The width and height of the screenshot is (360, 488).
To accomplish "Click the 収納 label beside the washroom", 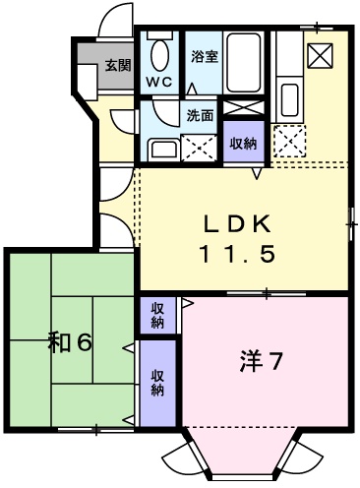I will pos(243,143).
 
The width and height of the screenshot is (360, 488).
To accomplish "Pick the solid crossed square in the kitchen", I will pos(320,56).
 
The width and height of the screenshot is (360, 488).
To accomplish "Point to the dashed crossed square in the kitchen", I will pos(290,143).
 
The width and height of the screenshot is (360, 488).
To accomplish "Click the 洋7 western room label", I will pos(261,361).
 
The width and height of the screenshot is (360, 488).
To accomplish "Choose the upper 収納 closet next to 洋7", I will pos(157,316).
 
